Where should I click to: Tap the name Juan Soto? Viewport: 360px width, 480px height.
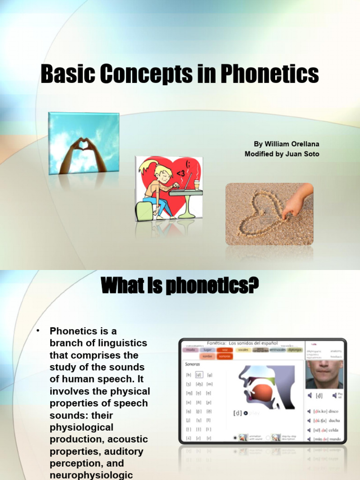click(x=303, y=154)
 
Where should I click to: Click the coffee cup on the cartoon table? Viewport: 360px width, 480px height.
click(x=196, y=184)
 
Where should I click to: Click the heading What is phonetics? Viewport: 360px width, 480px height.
click(x=180, y=286)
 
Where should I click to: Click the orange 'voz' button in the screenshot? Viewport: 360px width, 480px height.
click(x=225, y=350)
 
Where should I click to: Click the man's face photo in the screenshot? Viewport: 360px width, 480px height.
click(x=325, y=374)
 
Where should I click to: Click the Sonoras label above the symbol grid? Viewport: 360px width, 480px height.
click(x=193, y=363)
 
